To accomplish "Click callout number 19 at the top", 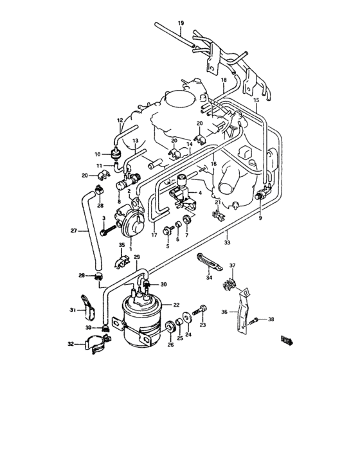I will coord(181,24).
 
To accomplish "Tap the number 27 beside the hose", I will coord(73,230).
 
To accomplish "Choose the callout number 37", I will coord(233,265).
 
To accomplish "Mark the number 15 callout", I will coord(255,100).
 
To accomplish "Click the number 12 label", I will coord(120,120).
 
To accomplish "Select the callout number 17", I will coord(154,235).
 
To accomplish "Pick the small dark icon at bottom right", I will coord(286,339).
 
